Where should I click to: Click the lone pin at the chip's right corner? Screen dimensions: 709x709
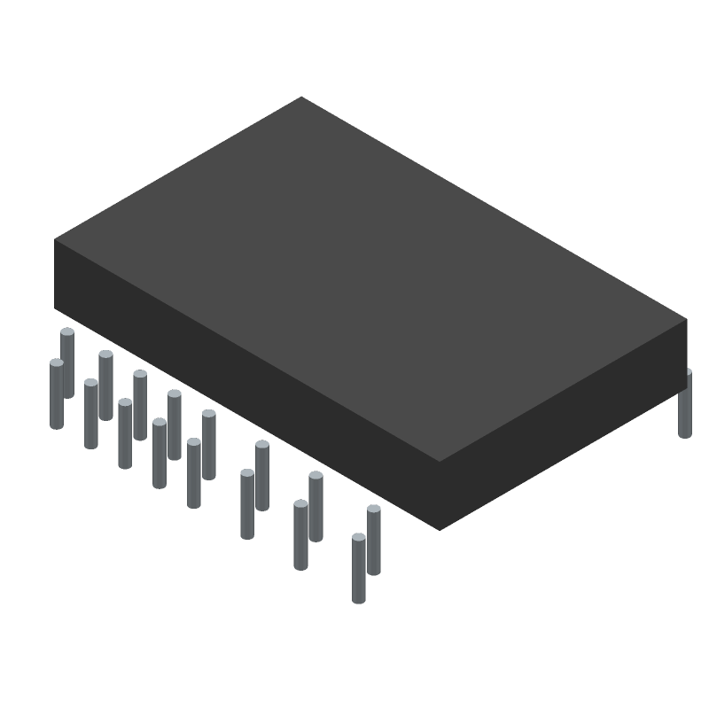coord(685,406)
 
